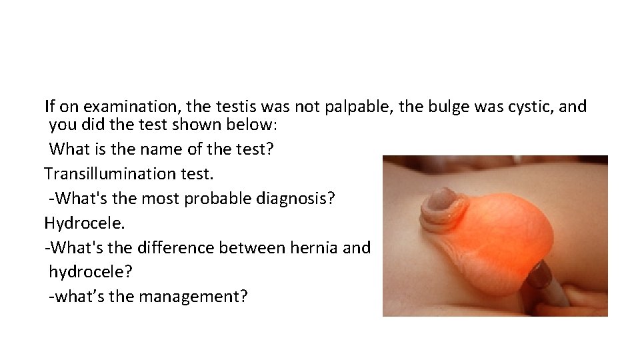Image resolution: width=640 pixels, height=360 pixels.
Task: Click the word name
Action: [x=151, y=149]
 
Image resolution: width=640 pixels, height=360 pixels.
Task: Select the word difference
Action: [x=174, y=247]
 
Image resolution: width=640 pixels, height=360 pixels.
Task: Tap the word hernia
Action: [x=318, y=247]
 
